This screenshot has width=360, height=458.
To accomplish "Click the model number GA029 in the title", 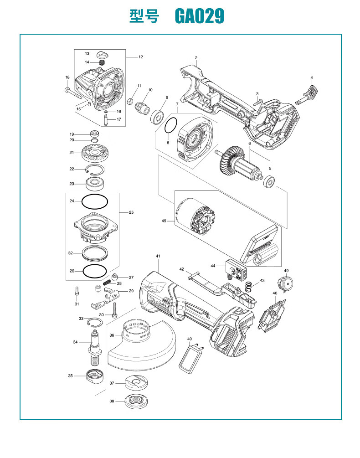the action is [x=200, y=16].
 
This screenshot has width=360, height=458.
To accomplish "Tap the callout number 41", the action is [x=158, y=256].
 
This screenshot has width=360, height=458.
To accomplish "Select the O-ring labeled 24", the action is [x=95, y=201].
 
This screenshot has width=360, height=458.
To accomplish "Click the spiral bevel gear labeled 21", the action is [x=93, y=153].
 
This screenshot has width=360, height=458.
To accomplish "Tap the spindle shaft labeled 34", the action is [x=95, y=347].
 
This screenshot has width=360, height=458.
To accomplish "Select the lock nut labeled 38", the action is [x=136, y=401].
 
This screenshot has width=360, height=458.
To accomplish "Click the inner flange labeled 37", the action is [x=136, y=382].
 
